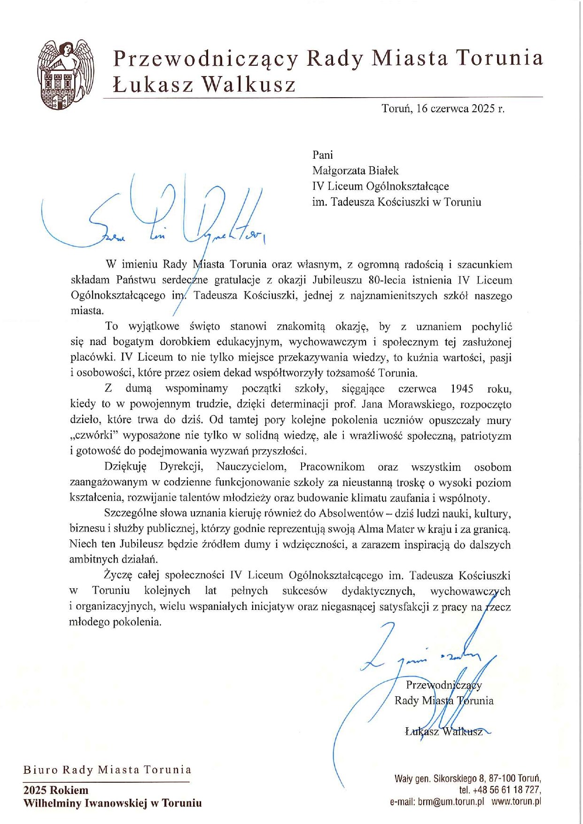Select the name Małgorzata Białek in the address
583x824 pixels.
pyautogui.click(x=355, y=170)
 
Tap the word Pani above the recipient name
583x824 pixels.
pyautogui.click(x=323, y=155)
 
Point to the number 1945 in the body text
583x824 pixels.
pyautogui.click(x=461, y=389)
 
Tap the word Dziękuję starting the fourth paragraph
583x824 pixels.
pyautogui.click(x=125, y=467)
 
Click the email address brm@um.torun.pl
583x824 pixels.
pyautogui.click(x=451, y=801)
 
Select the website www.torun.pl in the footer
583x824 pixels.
pyautogui.click(x=516, y=801)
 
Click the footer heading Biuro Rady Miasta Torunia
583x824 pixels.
pyautogui.click(x=107, y=770)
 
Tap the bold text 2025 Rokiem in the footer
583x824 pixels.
pyautogui.click(x=56, y=790)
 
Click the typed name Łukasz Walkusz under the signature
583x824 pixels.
pyautogui.click(x=444, y=732)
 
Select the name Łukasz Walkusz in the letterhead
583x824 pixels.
pyautogui.click(x=205, y=85)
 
